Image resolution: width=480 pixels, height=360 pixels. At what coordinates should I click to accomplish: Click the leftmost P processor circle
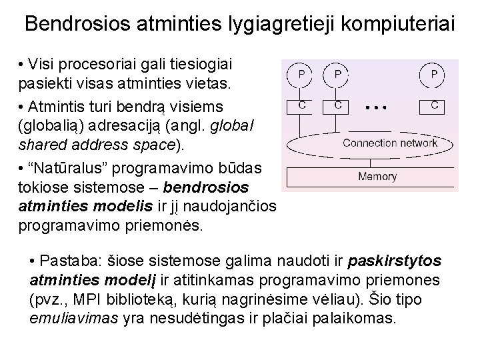pos(302,75)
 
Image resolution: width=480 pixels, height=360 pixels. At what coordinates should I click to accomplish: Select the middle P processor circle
pos(338,75)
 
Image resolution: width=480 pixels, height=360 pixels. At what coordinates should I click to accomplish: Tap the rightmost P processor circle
pos(434,75)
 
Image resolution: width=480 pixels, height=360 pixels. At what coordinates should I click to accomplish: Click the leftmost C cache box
pos(302,105)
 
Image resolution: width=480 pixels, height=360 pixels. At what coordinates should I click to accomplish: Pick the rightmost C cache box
pos(434,105)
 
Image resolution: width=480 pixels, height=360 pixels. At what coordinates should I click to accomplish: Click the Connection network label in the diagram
pos(389,143)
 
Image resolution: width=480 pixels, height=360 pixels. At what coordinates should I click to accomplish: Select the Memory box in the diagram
pos(377,177)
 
